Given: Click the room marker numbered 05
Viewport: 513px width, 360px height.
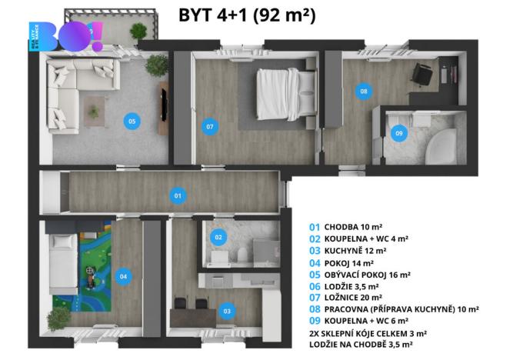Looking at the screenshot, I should (132, 121).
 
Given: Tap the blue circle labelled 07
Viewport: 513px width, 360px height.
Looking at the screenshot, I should (208, 127).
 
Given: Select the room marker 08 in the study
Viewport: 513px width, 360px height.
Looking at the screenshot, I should (363, 92).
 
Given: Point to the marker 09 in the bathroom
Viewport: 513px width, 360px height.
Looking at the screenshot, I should (398, 133).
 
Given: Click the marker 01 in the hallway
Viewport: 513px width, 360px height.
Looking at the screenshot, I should (178, 195).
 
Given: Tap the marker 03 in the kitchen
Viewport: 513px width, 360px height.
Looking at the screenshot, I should (226, 311).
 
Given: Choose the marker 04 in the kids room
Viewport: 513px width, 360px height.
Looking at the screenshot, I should (122, 275).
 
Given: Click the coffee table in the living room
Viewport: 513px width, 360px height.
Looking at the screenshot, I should (94, 110).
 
